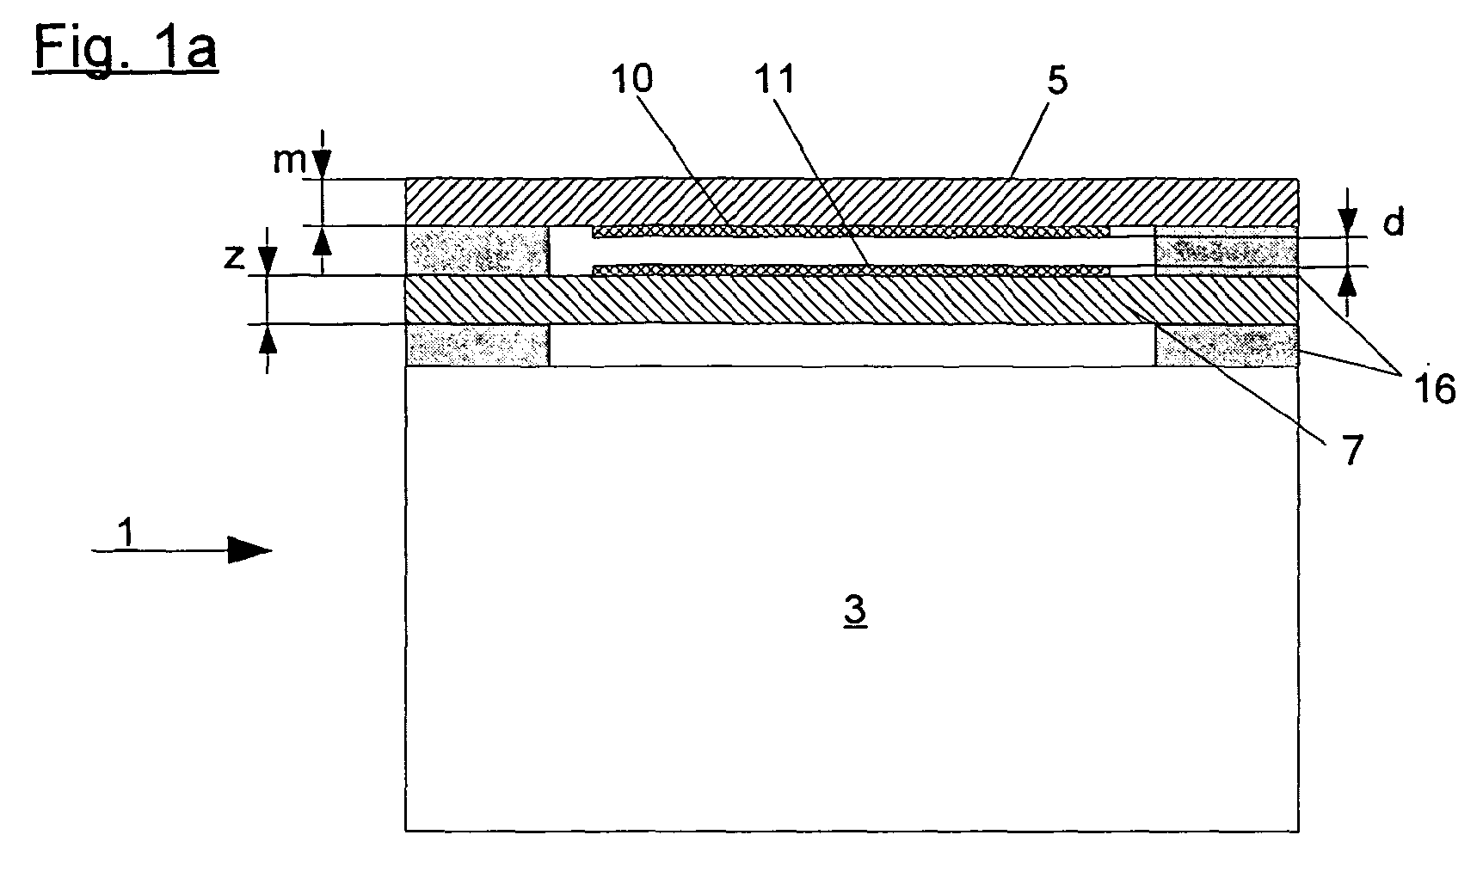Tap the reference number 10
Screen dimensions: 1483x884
[631, 79]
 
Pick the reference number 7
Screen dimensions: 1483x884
[1353, 450]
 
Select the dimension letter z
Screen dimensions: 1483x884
[235, 257]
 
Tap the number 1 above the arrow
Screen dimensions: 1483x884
[126, 533]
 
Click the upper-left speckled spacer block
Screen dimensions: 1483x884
[477, 251]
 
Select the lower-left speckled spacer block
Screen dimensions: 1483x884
[477, 346]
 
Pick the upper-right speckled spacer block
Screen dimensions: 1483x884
[1226, 252]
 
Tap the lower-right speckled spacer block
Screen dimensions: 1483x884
[1226, 346]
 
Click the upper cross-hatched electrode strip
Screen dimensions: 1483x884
[850, 232]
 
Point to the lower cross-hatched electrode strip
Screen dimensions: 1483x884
[850, 270]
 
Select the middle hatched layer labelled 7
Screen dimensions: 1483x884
[852, 300]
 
